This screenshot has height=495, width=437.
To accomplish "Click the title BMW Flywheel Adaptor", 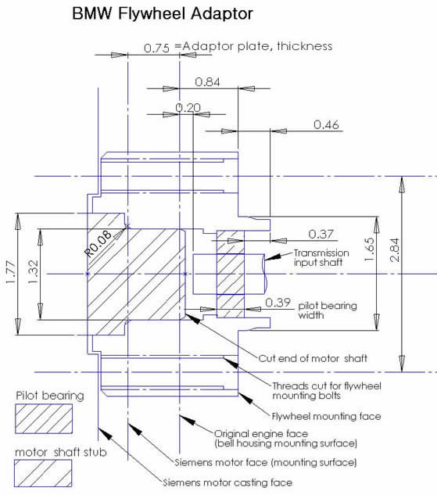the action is pyautogui.click(x=163, y=13).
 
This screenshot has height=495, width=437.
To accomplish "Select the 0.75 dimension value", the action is pyautogui.click(x=156, y=48).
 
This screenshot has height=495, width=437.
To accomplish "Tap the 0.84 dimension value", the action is pyautogui.click(x=207, y=82).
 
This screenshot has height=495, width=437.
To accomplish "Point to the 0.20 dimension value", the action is pyautogui.click(x=188, y=108).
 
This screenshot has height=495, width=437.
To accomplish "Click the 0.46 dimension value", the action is pyautogui.click(x=326, y=124).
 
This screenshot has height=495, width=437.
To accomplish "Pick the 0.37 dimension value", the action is pyautogui.click(x=321, y=235).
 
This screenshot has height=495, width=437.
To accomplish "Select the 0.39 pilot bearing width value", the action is pyautogui.click(x=278, y=303).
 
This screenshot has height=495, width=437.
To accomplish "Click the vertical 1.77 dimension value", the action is pyautogui.click(x=11, y=272).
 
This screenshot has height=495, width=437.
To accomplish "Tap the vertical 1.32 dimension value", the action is pyautogui.click(x=33, y=272).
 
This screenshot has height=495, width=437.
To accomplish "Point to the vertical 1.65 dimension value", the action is pyautogui.click(x=370, y=249).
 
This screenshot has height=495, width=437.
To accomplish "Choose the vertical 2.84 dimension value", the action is pyautogui.click(x=395, y=250).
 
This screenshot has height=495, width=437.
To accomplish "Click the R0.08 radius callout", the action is pyautogui.click(x=98, y=244).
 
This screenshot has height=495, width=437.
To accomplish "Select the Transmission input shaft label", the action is pyautogui.click(x=321, y=257).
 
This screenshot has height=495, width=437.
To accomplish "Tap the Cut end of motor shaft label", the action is pyautogui.click(x=313, y=358).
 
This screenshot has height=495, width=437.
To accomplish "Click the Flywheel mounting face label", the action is pyautogui.click(x=327, y=416).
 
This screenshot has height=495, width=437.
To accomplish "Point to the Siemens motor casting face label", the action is pyautogui.click(x=227, y=482).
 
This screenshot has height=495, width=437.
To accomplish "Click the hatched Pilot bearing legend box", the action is pyautogui.click(x=44, y=419).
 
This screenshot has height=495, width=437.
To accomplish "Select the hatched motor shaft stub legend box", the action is pyautogui.click(x=43, y=473).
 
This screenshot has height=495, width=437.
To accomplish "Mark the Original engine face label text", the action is pyautogui.click(x=261, y=434).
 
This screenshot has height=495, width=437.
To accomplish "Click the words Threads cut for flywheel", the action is pyautogui.click(x=327, y=386).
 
